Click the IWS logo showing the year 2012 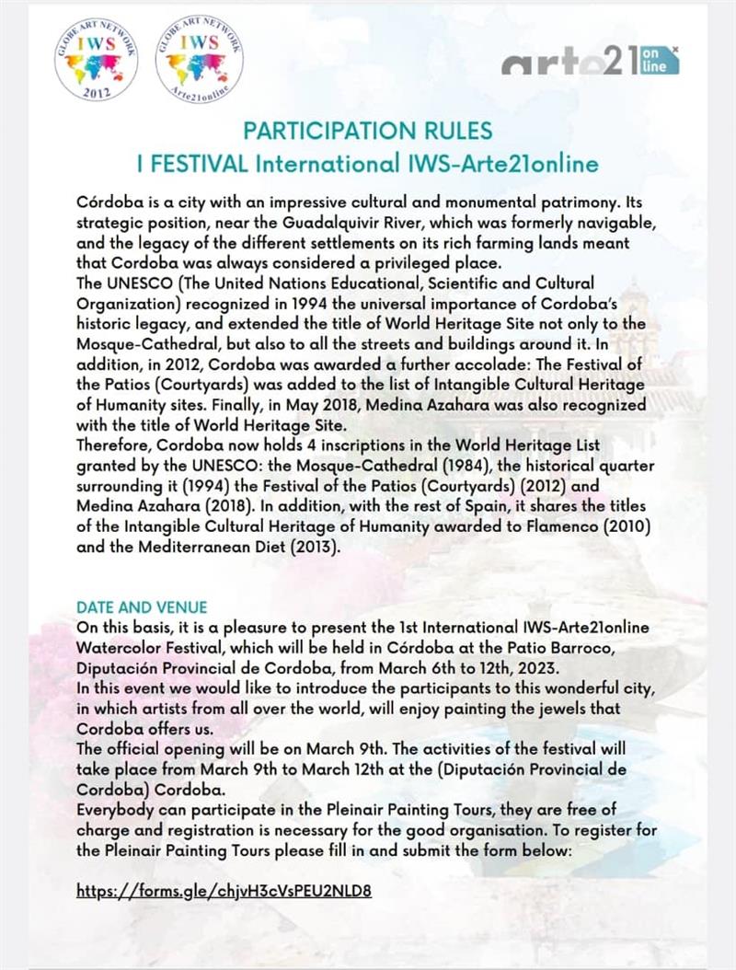96,61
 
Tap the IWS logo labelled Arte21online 199,61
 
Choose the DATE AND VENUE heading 142,607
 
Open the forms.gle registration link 224,891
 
